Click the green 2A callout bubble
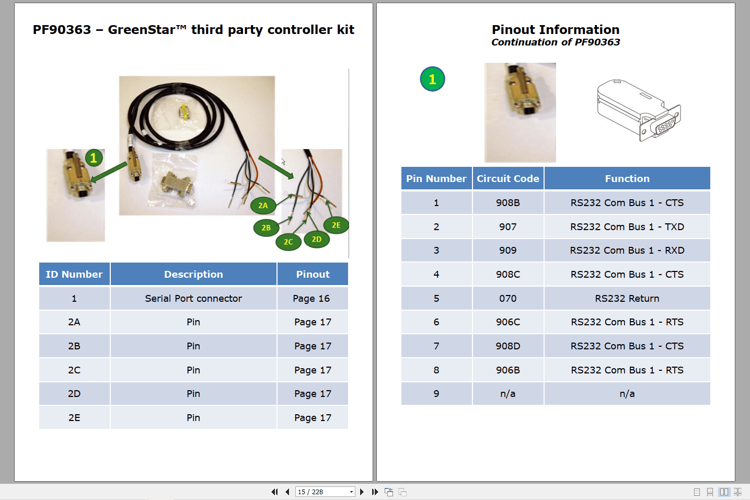[263, 206]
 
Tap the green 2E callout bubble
[336, 225]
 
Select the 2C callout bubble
[289, 242]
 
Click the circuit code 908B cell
[507, 203]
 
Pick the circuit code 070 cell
[507, 299]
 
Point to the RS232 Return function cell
[627, 299]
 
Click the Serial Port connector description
[193, 299]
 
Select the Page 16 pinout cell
[311, 299]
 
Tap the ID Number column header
[74, 275]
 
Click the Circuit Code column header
[507, 179]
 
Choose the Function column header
[627, 179]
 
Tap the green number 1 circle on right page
[433, 79]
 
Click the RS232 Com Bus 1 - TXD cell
[627, 227]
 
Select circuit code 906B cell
[507, 370]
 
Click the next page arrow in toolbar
[362, 492]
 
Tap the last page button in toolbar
[375, 492]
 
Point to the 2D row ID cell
[74, 394]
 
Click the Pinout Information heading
[556, 30]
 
